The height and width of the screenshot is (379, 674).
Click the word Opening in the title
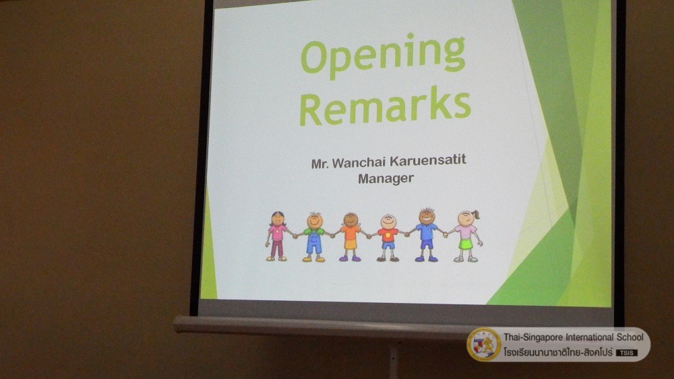[x=383, y=56]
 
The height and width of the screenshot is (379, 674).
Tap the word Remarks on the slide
[x=385, y=106]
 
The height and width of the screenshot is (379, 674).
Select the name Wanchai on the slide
[x=359, y=163]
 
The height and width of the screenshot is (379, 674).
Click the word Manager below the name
[x=386, y=178]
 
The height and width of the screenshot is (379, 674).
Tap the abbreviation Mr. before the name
[x=320, y=164]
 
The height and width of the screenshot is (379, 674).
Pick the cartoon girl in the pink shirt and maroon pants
[x=278, y=236]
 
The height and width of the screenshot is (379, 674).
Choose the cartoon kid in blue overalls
[x=314, y=237]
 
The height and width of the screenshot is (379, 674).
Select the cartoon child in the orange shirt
[x=350, y=237]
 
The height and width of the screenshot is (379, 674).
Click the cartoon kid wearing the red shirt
[x=388, y=238]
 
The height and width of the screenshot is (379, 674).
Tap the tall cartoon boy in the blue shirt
[x=426, y=235]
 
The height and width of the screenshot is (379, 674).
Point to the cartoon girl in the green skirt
[x=466, y=236]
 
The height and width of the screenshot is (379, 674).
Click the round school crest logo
[x=484, y=344]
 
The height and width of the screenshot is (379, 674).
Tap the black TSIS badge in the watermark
[x=627, y=353]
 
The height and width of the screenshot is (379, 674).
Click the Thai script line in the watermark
[x=558, y=352]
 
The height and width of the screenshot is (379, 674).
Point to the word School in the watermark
[x=630, y=337]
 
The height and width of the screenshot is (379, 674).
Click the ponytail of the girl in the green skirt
[x=476, y=214]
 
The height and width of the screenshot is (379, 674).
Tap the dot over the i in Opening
[x=410, y=36]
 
